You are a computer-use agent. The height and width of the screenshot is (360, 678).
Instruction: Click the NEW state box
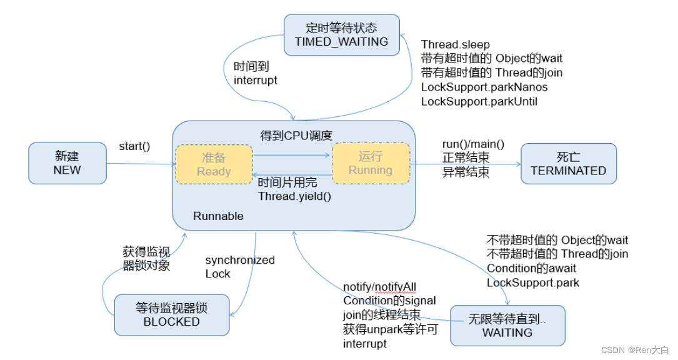tap(67, 163)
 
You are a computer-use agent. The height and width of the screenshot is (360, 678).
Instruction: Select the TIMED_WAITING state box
tap(341, 35)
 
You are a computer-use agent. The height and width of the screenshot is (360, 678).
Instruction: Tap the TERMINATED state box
tap(568, 163)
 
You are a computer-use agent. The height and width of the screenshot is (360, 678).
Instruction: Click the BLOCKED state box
tap(172, 315)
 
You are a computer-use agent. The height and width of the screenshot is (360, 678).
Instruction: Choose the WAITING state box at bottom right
tap(507, 326)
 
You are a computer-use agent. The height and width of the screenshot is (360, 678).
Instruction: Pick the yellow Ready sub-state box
tap(214, 164)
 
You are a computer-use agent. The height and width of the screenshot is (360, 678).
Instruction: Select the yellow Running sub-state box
tap(371, 163)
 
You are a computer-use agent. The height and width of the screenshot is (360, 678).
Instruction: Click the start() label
tap(134, 147)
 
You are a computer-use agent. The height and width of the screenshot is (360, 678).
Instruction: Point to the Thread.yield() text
tap(294, 196)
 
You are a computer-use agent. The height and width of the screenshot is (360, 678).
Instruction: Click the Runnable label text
tap(218, 216)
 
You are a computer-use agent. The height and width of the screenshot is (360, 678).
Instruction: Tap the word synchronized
tap(240, 260)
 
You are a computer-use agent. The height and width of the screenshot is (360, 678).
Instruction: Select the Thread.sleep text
tap(456, 44)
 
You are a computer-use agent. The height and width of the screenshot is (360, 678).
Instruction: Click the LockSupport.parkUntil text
tap(479, 101)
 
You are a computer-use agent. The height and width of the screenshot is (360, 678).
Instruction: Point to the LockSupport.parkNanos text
tap(484, 87)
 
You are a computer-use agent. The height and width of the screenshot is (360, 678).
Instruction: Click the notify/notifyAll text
tap(380, 287)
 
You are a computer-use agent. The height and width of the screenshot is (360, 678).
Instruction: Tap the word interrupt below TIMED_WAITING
tap(256, 80)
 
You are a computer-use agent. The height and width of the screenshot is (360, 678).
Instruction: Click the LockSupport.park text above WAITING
tap(533, 282)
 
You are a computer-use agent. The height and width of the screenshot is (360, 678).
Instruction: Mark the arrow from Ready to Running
tap(292, 154)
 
